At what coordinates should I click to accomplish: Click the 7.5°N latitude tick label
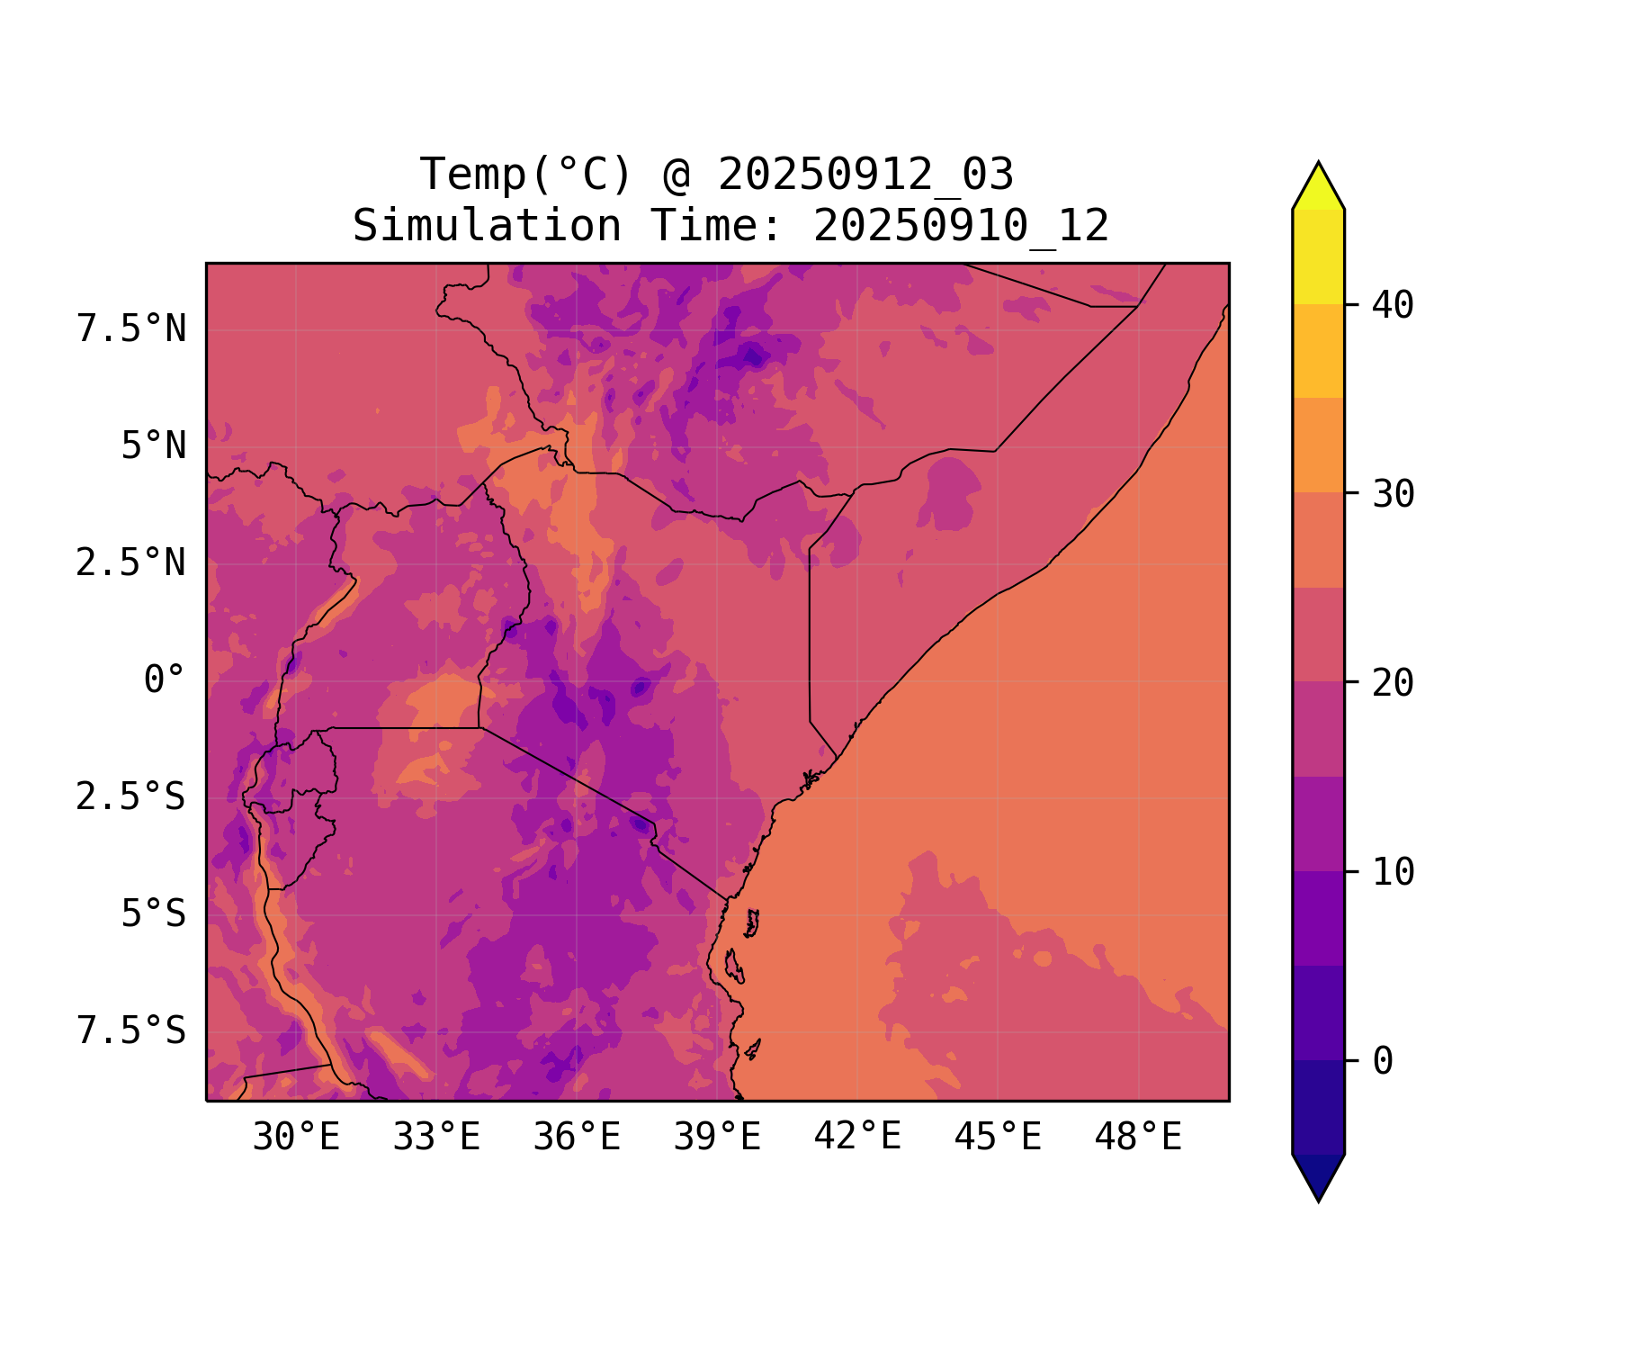[x=131, y=328]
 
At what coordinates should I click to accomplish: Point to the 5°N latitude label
[x=154, y=445]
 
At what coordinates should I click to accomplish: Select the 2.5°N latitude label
[x=131, y=562]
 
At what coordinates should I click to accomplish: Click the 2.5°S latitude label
[x=131, y=796]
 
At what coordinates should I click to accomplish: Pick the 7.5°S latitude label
[x=131, y=1030]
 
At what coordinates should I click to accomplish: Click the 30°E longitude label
[x=296, y=1137]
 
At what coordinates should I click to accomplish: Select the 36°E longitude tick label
[x=577, y=1137]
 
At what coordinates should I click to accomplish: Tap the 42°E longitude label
[x=857, y=1137]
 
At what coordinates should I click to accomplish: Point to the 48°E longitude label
[x=1138, y=1137]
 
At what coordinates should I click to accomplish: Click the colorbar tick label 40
[x=1394, y=305]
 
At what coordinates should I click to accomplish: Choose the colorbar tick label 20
[x=1394, y=683]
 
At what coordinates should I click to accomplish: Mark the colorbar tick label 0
[x=1383, y=1061]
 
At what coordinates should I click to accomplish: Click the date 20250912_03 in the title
[x=865, y=175]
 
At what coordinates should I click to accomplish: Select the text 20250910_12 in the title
[x=961, y=226]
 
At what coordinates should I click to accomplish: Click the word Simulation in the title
[x=487, y=226]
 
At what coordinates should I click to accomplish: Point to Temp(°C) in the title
[x=526, y=175]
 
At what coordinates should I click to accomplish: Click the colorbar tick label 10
[x=1394, y=872]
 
